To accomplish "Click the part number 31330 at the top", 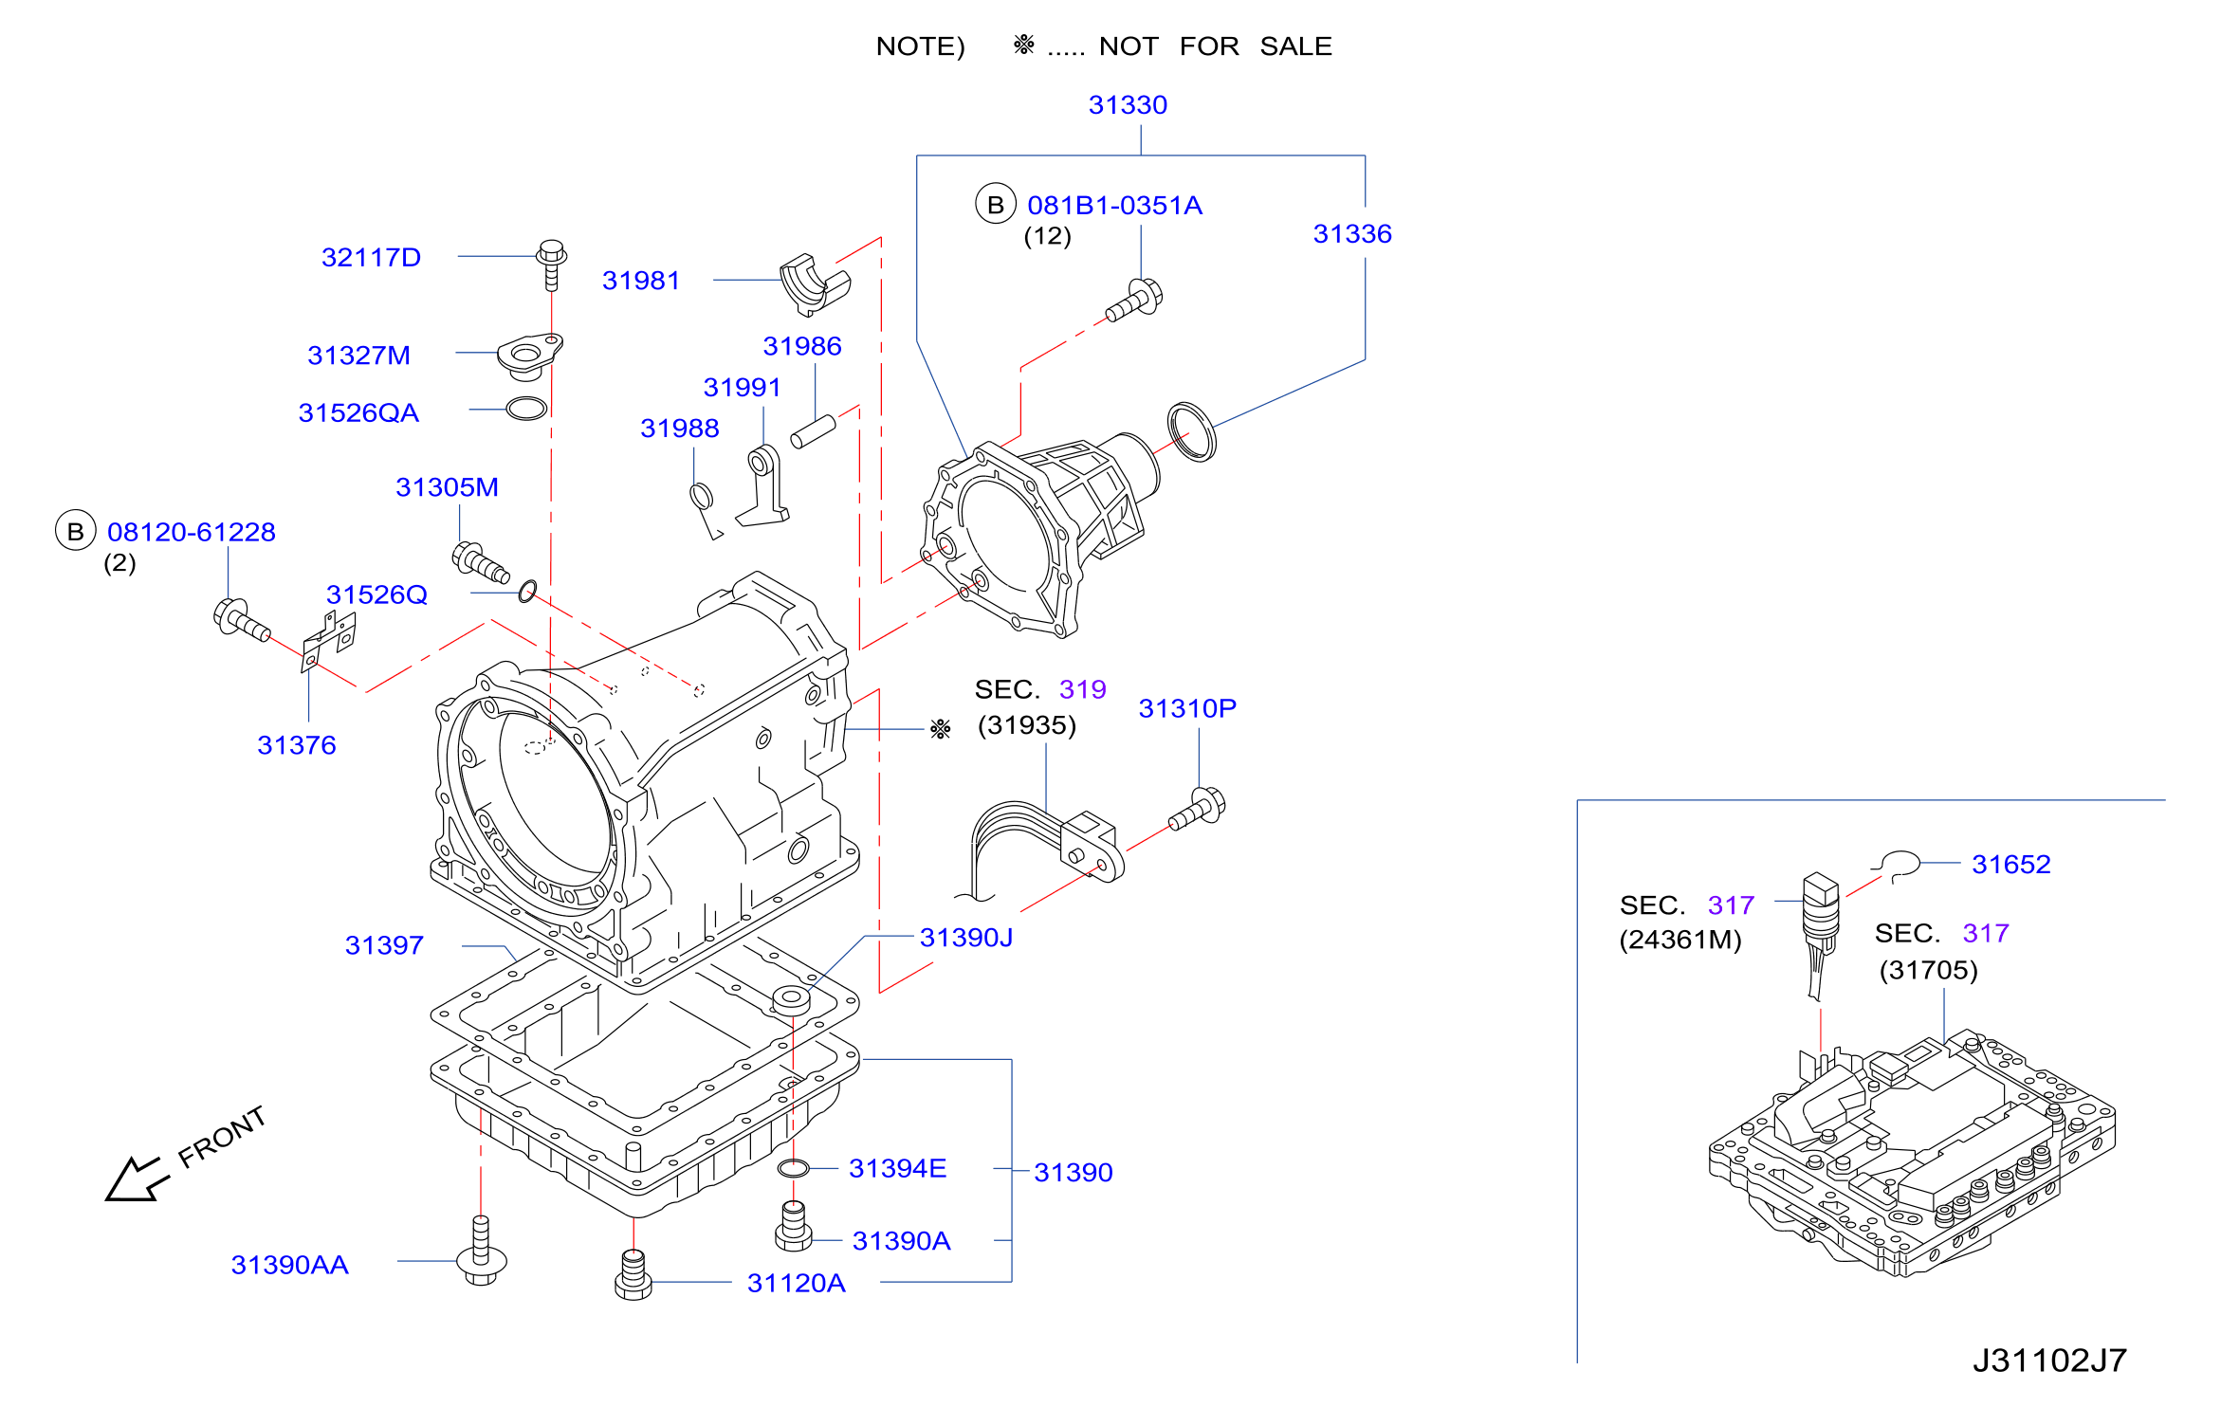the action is coord(1128,105).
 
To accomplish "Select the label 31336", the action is coord(1352,234).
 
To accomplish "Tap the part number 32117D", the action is coord(371,258).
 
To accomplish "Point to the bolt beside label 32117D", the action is coord(552,265).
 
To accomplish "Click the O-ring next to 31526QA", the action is coord(527,409).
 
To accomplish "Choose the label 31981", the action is coord(641,281).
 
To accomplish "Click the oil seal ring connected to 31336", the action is coord(1192,431).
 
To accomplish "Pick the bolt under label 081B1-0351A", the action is coord(1134,301).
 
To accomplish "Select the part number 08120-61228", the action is coord(192,533).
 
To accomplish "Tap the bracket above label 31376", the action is coord(328,641).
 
